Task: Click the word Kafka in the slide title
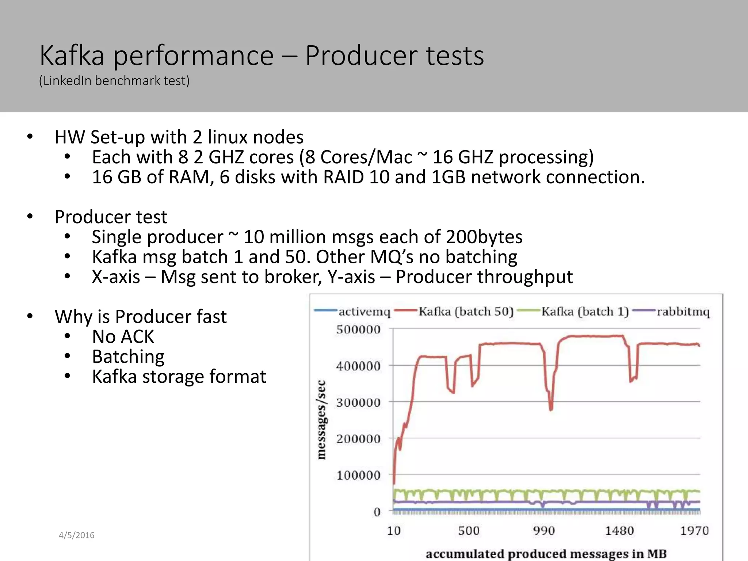click(72, 56)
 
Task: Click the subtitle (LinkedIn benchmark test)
click(114, 81)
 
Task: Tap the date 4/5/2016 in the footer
click(77, 535)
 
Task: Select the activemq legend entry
click(364, 312)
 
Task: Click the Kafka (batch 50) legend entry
click(466, 312)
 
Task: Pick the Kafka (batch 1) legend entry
click(585, 312)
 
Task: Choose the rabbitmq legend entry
click(683, 312)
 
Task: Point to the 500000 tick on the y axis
click(358, 329)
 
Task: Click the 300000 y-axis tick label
click(358, 402)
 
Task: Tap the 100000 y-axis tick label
click(358, 475)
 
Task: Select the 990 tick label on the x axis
click(544, 531)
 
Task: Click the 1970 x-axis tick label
click(694, 531)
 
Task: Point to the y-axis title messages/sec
click(321, 420)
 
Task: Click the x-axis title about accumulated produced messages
click(546, 554)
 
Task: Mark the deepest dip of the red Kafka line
click(551, 409)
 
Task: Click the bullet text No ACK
click(123, 336)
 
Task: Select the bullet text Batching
click(128, 356)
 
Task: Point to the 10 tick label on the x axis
click(394, 531)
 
